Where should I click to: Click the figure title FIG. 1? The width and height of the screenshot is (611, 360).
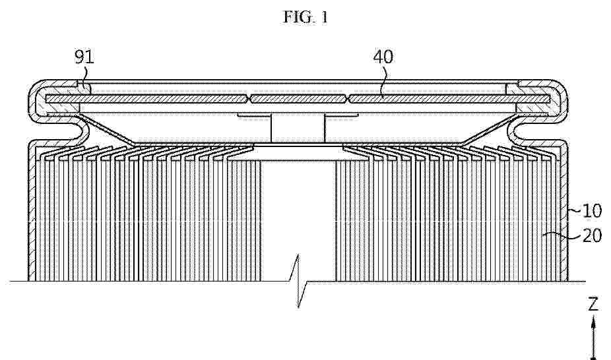[305, 17]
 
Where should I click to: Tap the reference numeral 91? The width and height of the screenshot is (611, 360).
[84, 57]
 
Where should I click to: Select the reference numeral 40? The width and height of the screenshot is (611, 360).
[383, 57]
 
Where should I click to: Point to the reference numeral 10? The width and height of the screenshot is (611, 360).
[592, 211]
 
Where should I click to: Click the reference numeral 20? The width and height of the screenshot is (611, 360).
[592, 235]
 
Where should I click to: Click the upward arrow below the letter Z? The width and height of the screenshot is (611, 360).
[593, 337]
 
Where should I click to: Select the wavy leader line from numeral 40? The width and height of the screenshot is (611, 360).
[385, 80]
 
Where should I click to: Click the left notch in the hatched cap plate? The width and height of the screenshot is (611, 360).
[249, 99]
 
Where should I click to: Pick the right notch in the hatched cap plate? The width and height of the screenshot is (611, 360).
[348, 99]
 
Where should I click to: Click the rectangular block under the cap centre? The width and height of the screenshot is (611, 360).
[298, 129]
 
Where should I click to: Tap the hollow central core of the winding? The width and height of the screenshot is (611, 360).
[298, 218]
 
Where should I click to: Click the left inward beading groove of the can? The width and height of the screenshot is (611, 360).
[78, 131]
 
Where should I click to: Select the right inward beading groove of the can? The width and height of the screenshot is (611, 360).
[518, 131]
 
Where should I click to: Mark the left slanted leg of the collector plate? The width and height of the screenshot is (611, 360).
[106, 129]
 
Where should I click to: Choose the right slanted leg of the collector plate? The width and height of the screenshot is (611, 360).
[490, 129]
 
